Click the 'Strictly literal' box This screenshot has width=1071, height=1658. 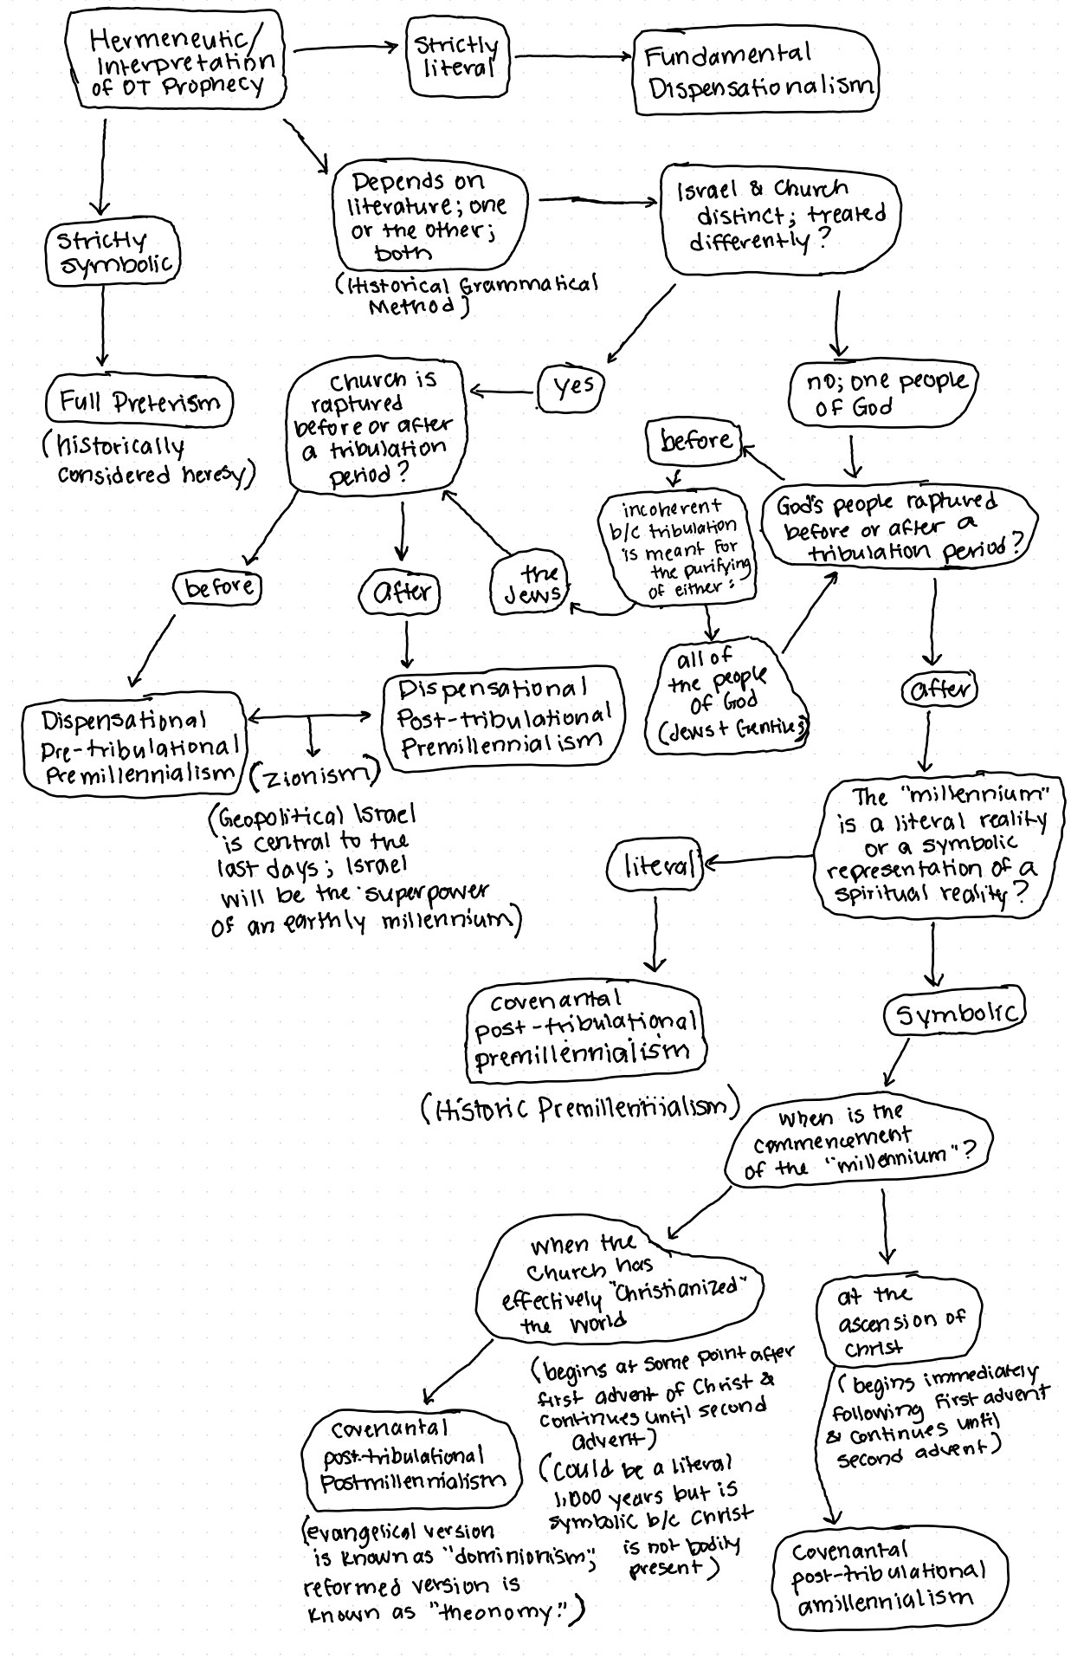tap(458, 56)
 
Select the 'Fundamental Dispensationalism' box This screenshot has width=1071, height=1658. tap(756, 72)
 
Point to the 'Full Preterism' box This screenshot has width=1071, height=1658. tap(139, 402)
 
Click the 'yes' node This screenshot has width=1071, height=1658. tap(571, 387)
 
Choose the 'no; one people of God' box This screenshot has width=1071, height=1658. tap(881, 393)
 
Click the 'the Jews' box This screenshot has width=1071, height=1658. tap(530, 586)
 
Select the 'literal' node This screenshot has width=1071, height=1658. tap(657, 865)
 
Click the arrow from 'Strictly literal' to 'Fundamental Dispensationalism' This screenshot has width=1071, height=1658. tap(571, 57)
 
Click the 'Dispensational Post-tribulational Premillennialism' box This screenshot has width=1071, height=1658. tap(503, 716)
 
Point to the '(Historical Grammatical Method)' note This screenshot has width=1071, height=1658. tap(467, 295)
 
